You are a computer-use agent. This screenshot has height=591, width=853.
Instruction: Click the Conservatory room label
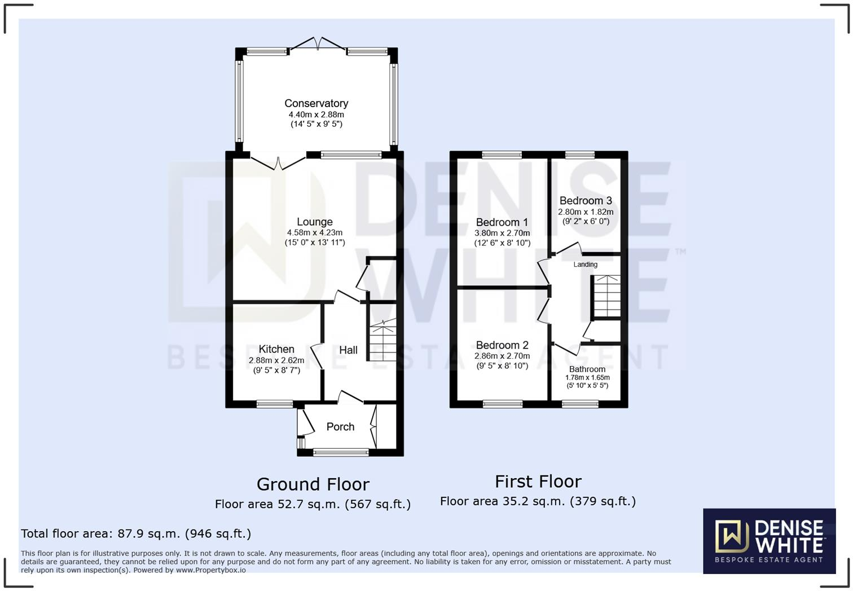pyautogui.click(x=316, y=103)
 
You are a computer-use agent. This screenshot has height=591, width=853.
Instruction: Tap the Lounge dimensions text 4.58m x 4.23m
pyautogui.click(x=314, y=232)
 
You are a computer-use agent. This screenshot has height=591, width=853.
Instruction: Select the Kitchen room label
pyautogui.click(x=276, y=349)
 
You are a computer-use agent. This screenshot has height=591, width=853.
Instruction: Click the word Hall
pyautogui.click(x=348, y=350)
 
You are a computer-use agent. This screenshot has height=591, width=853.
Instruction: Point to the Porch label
pyautogui.click(x=340, y=427)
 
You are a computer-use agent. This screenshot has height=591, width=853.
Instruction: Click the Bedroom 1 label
pyautogui.click(x=502, y=222)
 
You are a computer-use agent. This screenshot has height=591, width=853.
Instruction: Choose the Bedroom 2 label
pyautogui.click(x=502, y=345)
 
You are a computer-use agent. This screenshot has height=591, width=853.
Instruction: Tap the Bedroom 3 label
pyautogui.click(x=586, y=201)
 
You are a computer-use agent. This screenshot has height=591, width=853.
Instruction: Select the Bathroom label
pyautogui.click(x=587, y=369)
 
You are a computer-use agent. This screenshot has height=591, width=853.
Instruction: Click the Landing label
pyautogui.click(x=585, y=264)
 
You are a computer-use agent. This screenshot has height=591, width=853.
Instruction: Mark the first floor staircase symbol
pyautogui.click(x=607, y=296)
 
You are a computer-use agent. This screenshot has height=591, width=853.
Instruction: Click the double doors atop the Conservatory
pyautogui.click(x=318, y=43)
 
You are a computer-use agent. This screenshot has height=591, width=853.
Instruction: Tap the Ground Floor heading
pyautogui.click(x=313, y=484)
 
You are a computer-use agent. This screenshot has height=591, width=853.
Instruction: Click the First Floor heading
pyautogui.click(x=538, y=482)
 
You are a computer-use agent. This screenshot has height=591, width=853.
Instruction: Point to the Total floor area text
pyautogui.click(x=136, y=533)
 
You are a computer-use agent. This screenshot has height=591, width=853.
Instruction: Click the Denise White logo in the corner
pyautogui.click(x=769, y=541)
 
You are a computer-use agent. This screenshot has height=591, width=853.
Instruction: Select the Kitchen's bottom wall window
pyautogui.click(x=275, y=404)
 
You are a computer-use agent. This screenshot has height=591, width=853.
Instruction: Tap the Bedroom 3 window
pyautogui.click(x=580, y=155)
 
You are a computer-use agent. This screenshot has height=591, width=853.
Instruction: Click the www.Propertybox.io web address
pyautogui.click(x=210, y=570)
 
